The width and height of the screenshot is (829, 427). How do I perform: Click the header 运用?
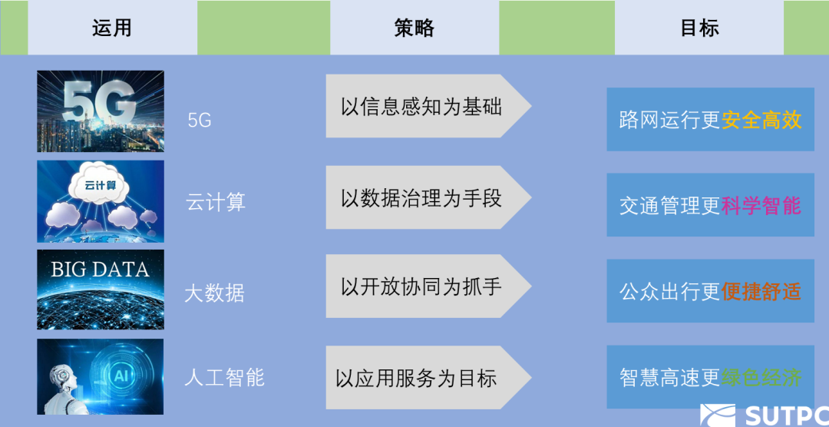(112, 28)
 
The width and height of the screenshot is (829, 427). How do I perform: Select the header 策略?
(414, 28)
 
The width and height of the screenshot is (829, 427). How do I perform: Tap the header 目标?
(699, 28)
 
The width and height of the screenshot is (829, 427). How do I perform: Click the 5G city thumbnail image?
(101, 111)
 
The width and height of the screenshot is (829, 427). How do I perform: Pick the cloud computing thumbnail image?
(101, 201)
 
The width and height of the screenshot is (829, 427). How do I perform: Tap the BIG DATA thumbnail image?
(101, 290)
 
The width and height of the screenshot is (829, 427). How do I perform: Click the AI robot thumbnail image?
(101, 376)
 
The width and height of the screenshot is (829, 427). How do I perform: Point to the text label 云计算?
(216, 203)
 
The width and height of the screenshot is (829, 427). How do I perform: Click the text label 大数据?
(214, 293)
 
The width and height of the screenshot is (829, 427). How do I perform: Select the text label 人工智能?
(224, 378)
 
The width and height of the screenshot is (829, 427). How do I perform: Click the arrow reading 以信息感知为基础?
(422, 106)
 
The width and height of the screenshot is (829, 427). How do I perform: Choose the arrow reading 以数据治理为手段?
(422, 198)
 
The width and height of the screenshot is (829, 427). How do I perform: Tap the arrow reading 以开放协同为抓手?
(422, 286)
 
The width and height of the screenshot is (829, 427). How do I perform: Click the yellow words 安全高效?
(761, 120)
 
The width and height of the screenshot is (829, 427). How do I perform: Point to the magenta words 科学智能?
(761, 206)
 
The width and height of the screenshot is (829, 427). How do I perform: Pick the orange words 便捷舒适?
(761, 292)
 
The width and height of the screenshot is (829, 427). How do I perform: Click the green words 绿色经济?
(761, 378)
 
